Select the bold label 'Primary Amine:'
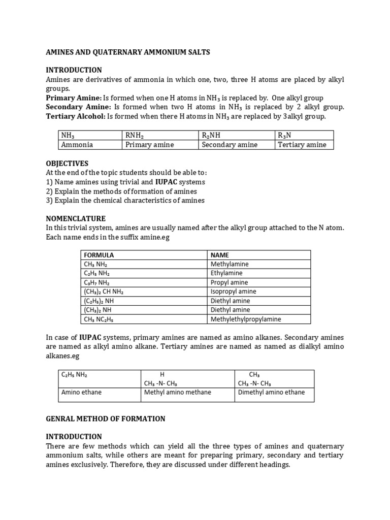(x=73, y=97)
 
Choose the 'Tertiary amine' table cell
(x=302, y=145)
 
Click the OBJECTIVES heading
(x=67, y=164)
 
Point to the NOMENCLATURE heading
(x=76, y=219)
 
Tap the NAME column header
(x=220, y=255)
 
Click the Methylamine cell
(x=230, y=264)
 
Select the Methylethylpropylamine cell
(x=246, y=319)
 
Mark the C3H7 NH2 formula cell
(x=96, y=282)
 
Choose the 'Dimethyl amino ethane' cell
(x=271, y=392)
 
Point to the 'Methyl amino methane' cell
(x=177, y=392)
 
